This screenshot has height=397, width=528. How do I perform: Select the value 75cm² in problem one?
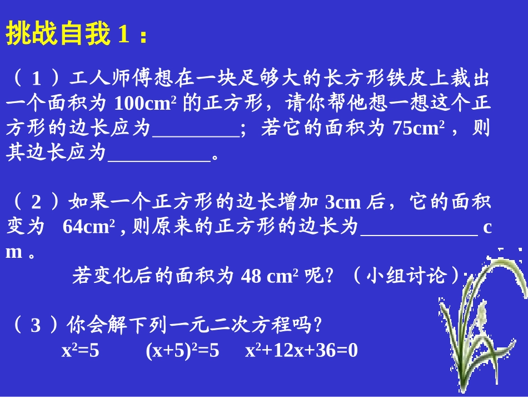coord(417,128)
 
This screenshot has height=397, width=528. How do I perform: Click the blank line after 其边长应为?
coord(159,154)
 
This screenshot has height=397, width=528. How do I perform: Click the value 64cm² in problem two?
coord(89,227)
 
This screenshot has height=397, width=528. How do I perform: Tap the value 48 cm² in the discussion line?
coord(270,276)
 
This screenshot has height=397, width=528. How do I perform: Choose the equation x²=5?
coord(80,351)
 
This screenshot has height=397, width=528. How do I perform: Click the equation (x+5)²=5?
coord(182,351)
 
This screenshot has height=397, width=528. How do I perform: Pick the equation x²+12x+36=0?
coord(302,351)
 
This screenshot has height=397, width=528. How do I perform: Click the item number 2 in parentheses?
coord(36,202)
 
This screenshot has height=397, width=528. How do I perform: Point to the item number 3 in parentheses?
coord(36,325)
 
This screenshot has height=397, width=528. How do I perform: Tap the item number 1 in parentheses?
coord(36,79)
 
